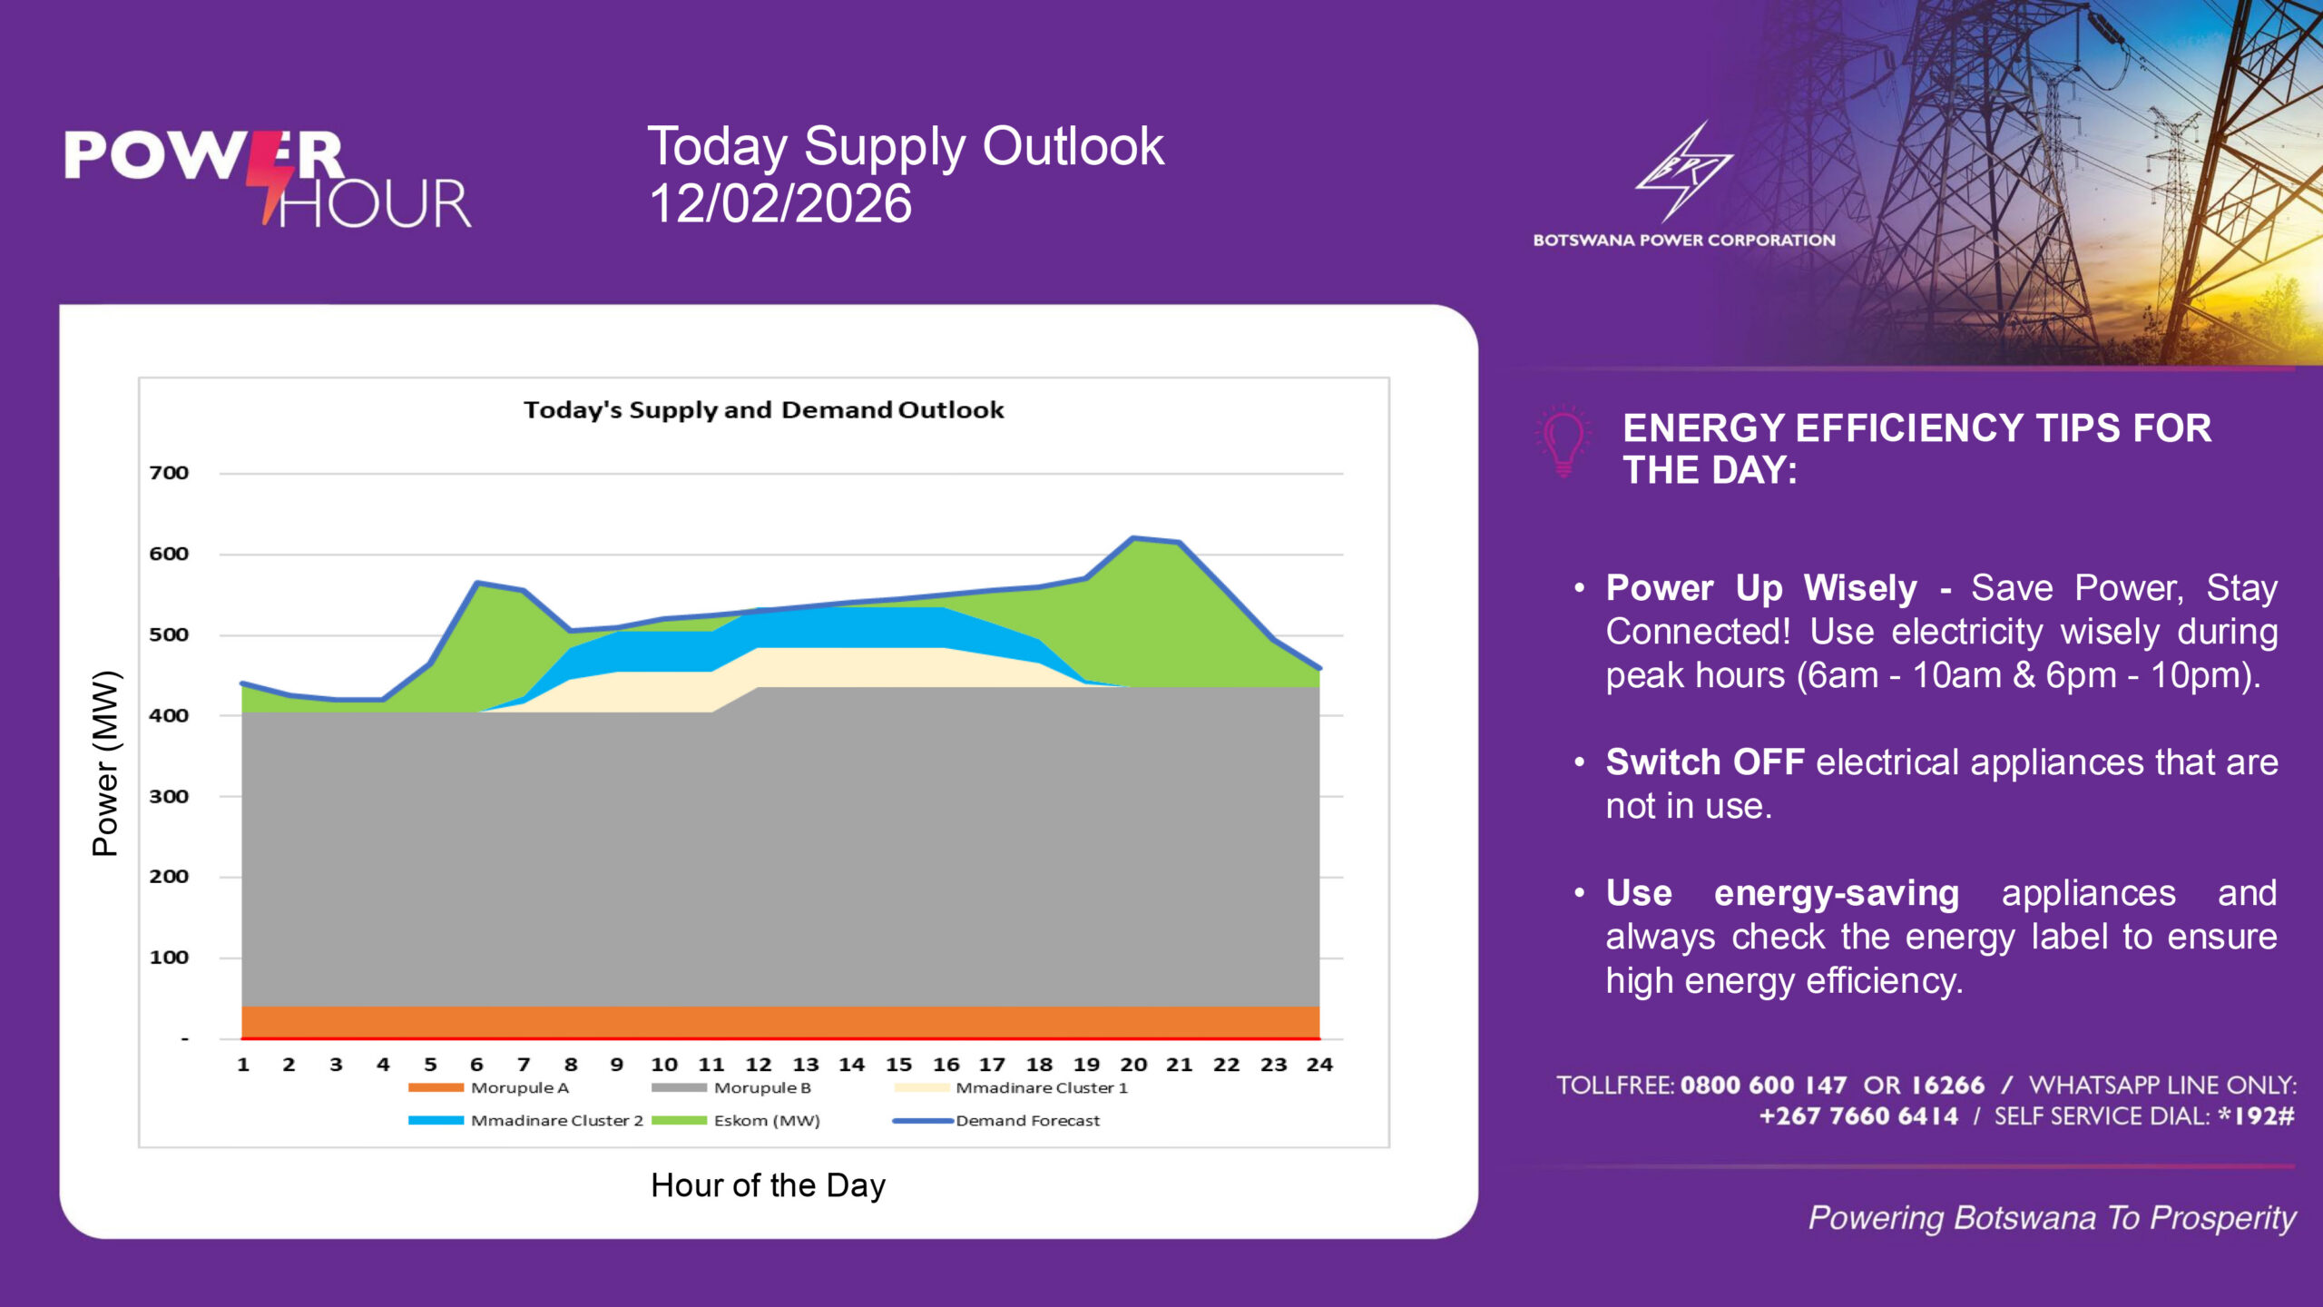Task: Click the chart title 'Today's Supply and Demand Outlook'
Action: click(x=763, y=410)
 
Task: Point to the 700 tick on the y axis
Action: click(x=169, y=473)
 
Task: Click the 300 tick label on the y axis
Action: click(x=169, y=797)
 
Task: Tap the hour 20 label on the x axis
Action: click(x=1132, y=1065)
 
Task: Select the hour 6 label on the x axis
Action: click(x=476, y=1065)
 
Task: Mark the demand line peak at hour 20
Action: click(x=1132, y=538)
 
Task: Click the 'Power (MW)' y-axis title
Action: click(x=105, y=763)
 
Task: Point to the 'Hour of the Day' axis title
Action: click(x=768, y=1185)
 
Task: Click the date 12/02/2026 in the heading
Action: click(x=780, y=203)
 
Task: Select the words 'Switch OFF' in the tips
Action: click(x=1704, y=762)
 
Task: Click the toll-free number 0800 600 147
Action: click(x=1762, y=1086)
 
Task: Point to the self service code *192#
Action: click(x=2256, y=1116)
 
